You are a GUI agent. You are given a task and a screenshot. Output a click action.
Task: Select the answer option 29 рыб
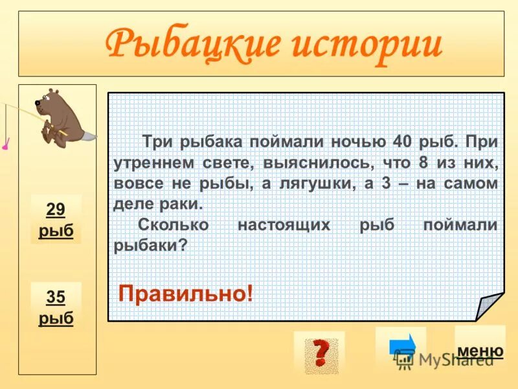[x=56, y=220]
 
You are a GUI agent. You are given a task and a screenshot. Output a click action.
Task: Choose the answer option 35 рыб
[x=56, y=307]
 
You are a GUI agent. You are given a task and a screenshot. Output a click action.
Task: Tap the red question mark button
[x=319, y=353]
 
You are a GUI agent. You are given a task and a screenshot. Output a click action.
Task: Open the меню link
[x=480, y=351]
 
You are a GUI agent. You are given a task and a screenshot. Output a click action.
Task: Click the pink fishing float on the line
[x=5, y=147]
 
